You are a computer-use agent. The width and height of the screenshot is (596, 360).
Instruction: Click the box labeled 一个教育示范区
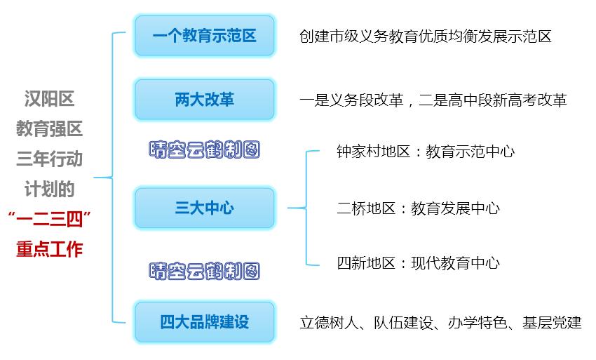204,35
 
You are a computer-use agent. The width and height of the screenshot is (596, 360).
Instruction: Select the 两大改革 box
204,100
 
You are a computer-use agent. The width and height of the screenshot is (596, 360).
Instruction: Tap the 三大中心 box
204,208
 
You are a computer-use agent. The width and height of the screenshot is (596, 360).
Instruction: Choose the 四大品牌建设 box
204,322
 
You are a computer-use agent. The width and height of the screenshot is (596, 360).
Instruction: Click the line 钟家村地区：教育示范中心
426,152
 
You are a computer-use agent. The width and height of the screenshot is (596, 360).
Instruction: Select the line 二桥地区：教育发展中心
418,208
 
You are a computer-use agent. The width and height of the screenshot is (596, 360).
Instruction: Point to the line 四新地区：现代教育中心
418,263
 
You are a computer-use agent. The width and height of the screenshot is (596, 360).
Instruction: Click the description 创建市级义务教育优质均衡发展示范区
425,36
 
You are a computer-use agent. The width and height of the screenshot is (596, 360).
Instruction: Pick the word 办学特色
476,323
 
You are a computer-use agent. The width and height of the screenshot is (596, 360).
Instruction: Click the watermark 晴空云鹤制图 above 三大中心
205,149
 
